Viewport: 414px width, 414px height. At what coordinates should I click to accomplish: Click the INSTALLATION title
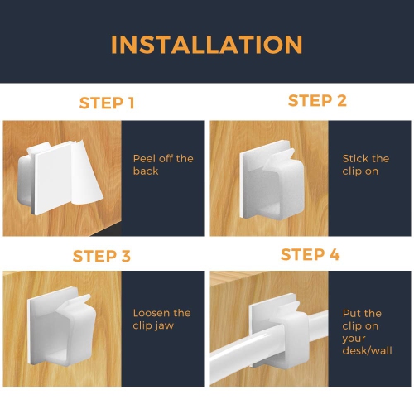206,44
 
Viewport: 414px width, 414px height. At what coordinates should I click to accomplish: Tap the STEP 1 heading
107,103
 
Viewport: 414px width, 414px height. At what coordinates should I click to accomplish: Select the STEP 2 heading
317,101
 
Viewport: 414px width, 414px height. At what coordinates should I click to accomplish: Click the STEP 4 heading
310,254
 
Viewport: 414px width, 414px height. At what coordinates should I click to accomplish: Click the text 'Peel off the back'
162,164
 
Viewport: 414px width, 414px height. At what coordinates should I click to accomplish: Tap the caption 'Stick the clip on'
365,164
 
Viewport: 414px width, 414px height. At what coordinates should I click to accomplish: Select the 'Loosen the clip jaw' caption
161,319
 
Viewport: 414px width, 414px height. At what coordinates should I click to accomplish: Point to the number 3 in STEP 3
126,256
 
